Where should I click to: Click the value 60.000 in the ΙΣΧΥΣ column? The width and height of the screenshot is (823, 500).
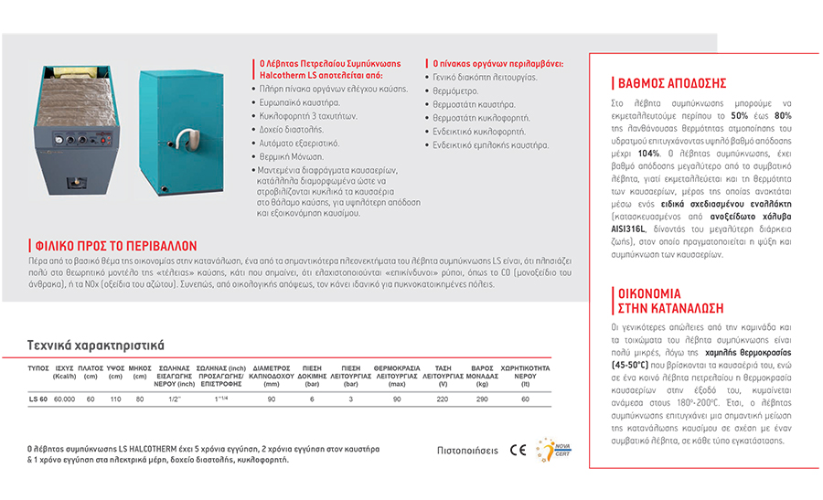(x=64, y=399)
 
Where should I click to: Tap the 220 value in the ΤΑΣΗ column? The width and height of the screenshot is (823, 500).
(x=442, y=399)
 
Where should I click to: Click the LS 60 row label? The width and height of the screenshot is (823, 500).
(x=37, y=399)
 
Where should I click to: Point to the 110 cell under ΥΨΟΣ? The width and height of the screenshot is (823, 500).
(x=115, y=399)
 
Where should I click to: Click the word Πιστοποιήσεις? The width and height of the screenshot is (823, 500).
(x=467, y=451)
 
